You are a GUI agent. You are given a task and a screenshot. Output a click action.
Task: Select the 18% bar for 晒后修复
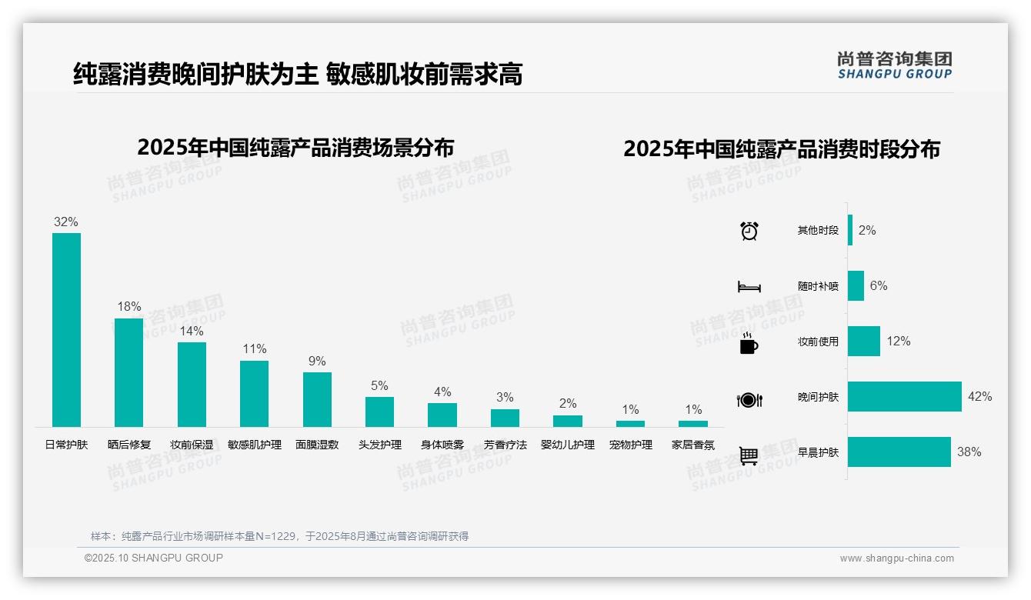click(128, 372)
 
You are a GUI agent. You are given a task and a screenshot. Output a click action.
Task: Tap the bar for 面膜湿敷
click(317, 399)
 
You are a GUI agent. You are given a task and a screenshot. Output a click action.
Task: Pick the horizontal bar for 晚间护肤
click(904, 396)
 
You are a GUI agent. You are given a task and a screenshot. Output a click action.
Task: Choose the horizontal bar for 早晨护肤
click(899, 452)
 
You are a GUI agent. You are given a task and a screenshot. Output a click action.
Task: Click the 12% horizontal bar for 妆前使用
click(863, 341)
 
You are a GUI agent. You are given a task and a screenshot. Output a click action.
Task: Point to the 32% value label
click(66, 222)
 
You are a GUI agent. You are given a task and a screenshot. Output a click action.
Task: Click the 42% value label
click(979, 396)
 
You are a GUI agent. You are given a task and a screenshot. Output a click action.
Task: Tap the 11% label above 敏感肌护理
click(254, 348)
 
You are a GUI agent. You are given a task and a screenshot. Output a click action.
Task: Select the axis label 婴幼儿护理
click(568, 445)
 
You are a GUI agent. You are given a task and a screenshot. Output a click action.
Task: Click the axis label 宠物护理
click(630, 445)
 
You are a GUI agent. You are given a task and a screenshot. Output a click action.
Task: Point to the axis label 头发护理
click(380, 445)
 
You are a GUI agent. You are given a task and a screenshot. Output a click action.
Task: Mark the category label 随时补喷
click(818, 286)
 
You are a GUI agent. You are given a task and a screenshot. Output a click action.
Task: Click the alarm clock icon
click(749, 231)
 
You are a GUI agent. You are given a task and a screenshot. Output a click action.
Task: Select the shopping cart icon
click(749, 455)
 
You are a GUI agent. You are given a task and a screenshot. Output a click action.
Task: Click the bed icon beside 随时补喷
click(749, 287)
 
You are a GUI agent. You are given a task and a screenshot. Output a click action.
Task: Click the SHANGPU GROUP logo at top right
click(894, 65)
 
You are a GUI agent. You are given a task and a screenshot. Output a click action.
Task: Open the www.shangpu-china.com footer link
click(896, 558)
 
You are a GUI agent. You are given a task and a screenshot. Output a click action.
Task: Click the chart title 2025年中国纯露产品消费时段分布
click(782, 148)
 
